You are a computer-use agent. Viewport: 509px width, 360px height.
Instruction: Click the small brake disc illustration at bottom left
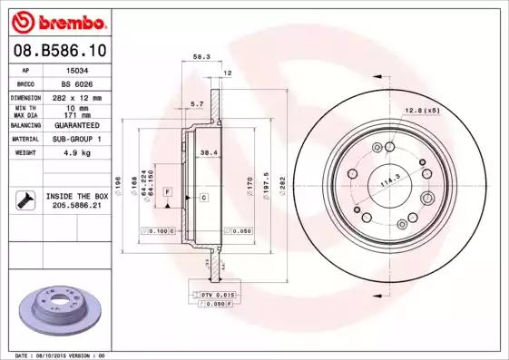pos(56,309)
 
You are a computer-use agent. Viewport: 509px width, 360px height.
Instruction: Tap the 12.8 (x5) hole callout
pos(422,110)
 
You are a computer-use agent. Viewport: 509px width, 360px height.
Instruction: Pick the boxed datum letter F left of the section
pos(169,192)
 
